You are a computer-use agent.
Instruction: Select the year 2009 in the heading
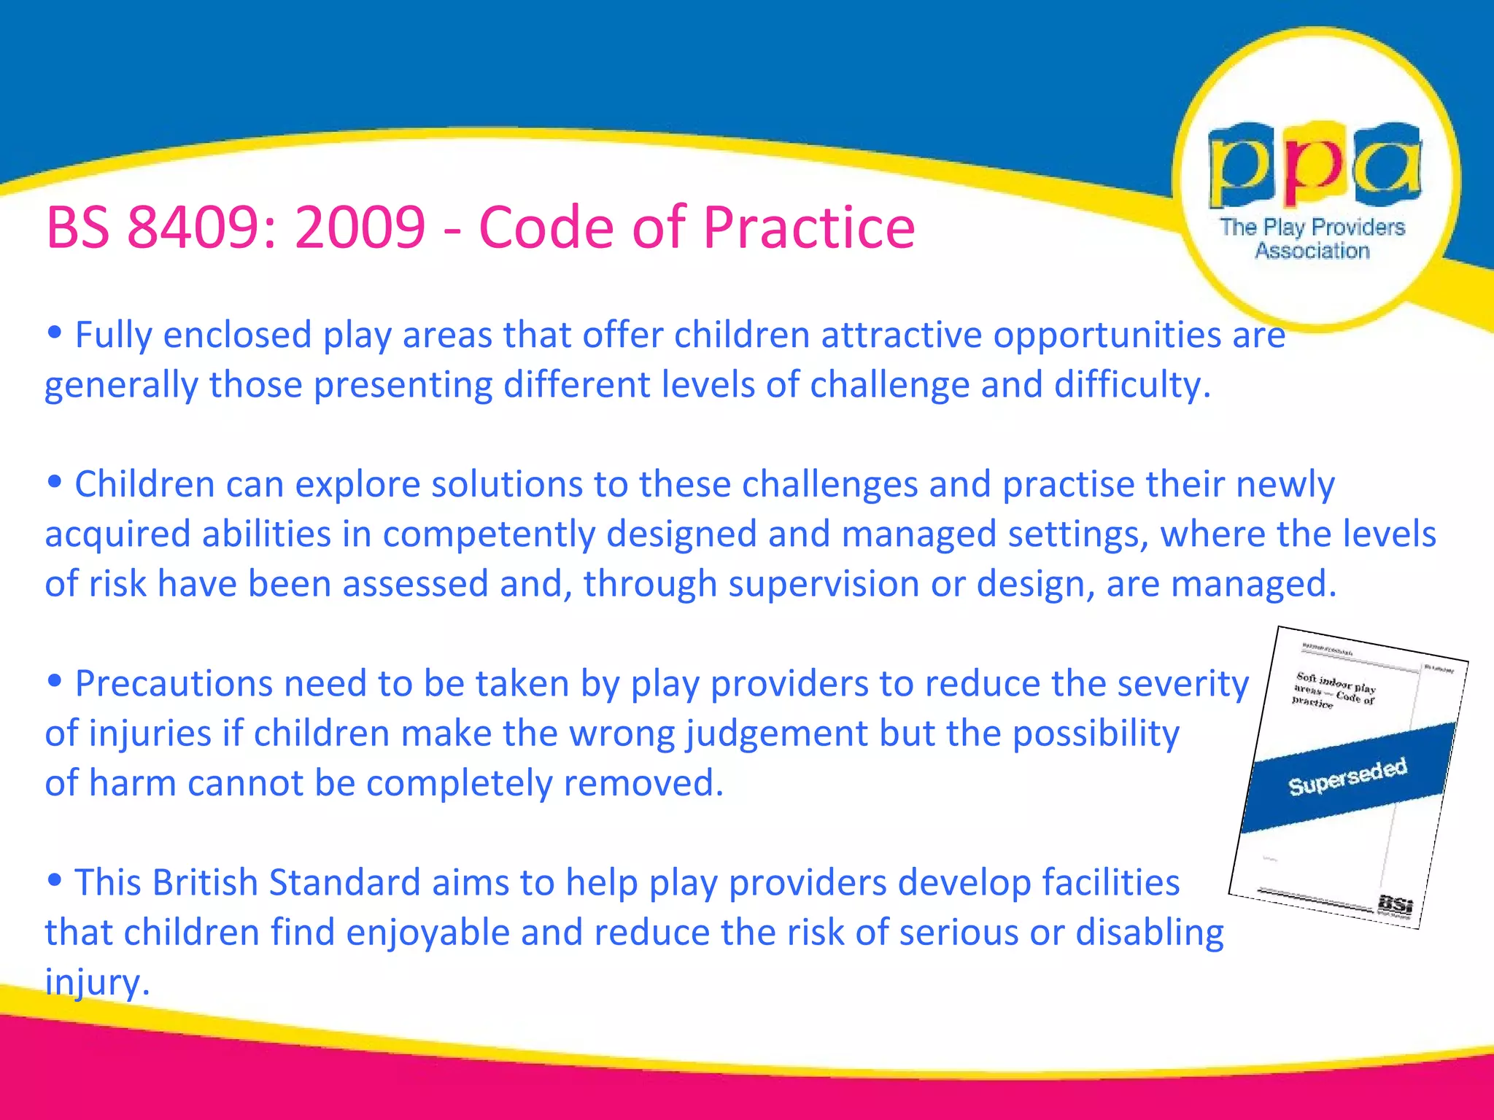coord(360,227)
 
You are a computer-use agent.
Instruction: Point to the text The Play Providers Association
coord(1312,238)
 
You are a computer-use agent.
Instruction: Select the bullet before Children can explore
coord(54,483)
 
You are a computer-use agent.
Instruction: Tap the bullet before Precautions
coord(54,682)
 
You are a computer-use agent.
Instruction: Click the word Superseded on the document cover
coord(1347,777)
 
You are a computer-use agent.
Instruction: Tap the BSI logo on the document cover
coord(1395,904)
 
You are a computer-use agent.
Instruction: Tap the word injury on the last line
coord(96,982)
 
